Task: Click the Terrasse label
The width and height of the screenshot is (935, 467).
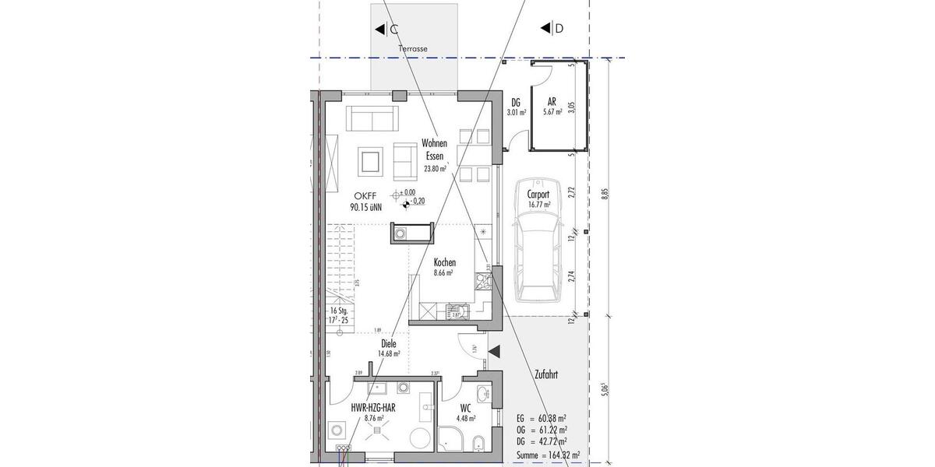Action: (412, 48)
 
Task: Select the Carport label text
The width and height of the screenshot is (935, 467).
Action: (538, 194)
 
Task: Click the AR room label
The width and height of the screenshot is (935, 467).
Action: (552, 101)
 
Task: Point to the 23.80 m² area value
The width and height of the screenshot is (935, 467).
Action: (435, 168)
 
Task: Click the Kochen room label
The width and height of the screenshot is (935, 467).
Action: (445, 263)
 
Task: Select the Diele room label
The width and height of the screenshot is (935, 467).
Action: (389, 342)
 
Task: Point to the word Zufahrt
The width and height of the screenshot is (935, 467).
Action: (545, 374)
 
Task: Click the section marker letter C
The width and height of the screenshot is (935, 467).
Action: (394, 30)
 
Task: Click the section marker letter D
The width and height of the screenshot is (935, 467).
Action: (558, 30)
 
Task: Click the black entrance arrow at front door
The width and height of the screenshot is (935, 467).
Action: (494, 352)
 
